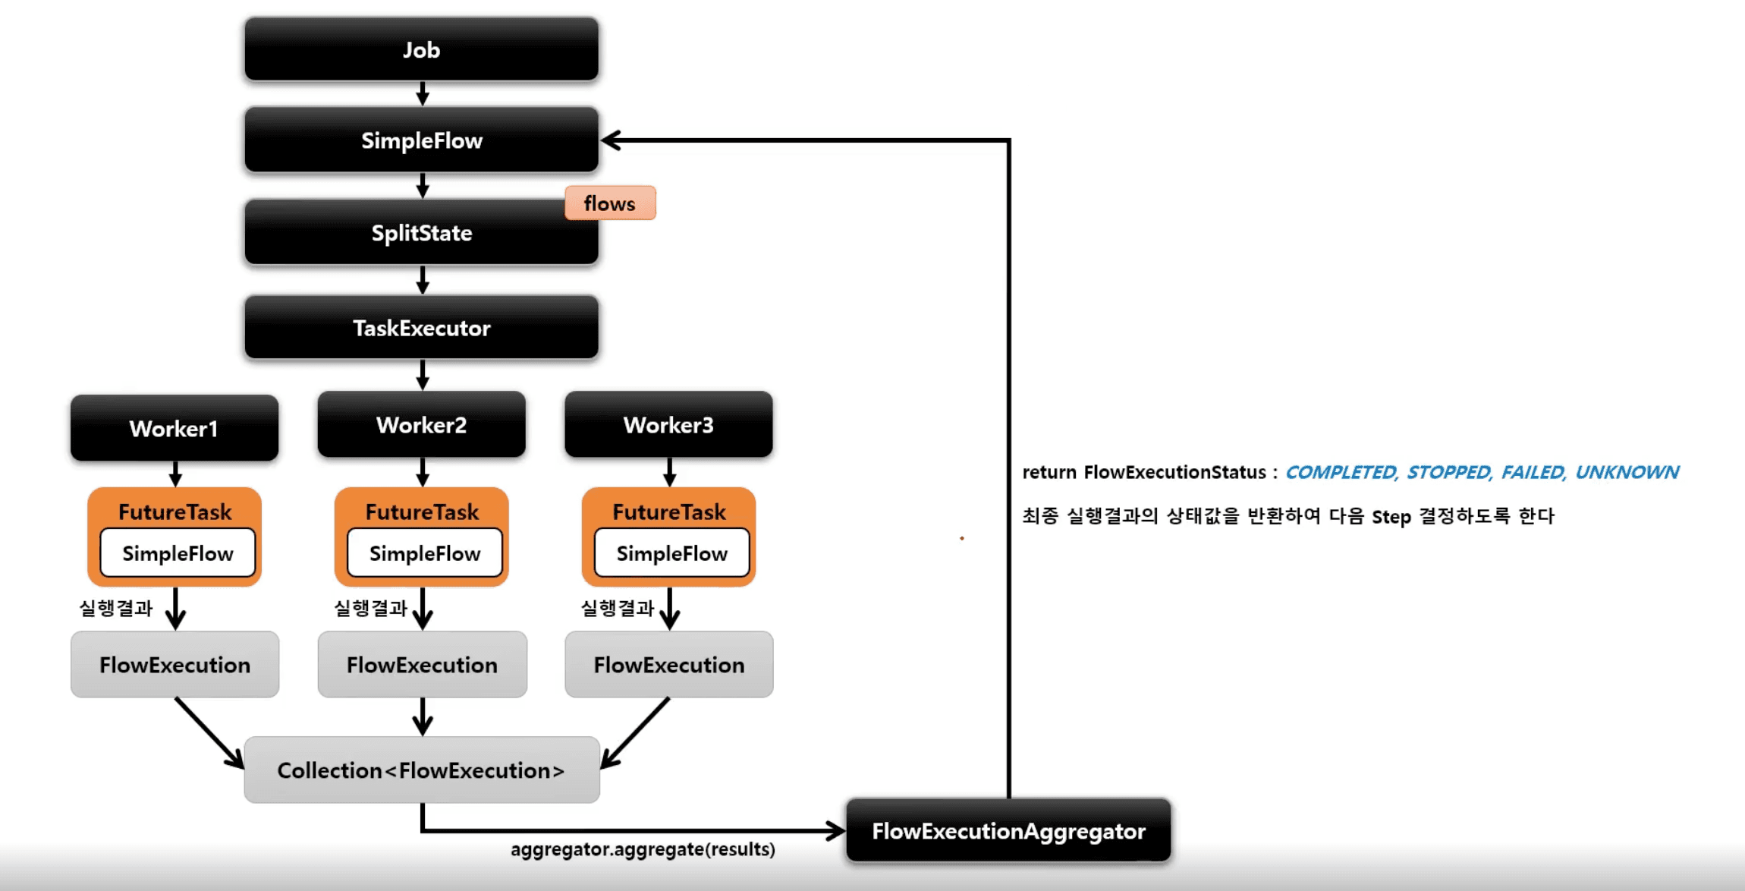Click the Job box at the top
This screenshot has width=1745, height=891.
click(x=421, y=49)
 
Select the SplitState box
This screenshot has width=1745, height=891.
click(x=421, y=233)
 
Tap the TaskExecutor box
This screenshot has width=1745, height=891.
click(x=421, y=328)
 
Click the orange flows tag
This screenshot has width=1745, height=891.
click(x=610, y=203)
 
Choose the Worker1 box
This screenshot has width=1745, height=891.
click(x=174, y=429)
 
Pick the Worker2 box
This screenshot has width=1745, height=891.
click(x=421, y=425)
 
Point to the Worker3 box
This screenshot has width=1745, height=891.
click(x=668, y=425)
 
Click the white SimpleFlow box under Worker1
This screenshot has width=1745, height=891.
click(x=178, y=553)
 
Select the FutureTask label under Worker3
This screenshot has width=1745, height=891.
click(x=669, y=512)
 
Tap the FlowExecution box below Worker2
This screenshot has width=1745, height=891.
click(x=422, y=665)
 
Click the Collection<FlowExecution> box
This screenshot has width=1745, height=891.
click(x=421, y=770)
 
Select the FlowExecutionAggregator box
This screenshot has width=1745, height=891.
click(x=1008, y=831)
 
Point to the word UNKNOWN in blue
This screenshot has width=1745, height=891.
click(x=1627, y=472)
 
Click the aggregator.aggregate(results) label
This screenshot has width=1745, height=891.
click(x=643, y=849)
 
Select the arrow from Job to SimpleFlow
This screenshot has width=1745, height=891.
click(x=423, y=94)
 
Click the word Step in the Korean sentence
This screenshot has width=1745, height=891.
click(x=1391, y=517)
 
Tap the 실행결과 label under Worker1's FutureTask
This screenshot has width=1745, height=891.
click(x=116, y=608)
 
